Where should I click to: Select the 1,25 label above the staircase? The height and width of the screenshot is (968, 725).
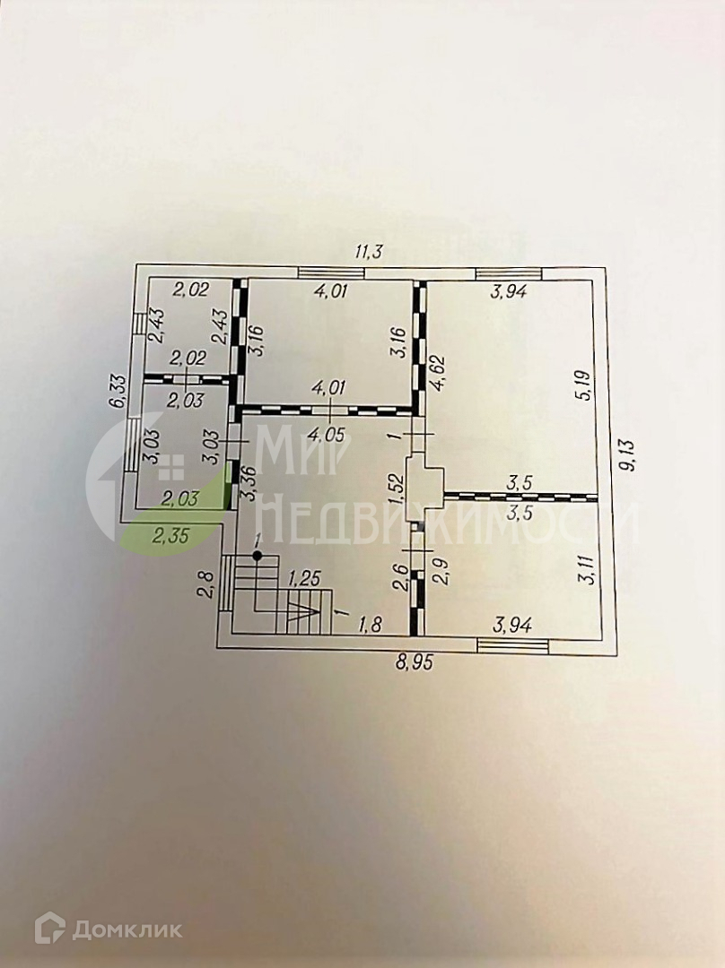coord(302,580)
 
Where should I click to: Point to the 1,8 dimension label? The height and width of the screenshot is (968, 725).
coord(370,625)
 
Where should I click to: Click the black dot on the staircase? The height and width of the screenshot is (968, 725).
coord(258,557)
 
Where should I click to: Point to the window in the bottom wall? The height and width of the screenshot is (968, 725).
coord(512,642)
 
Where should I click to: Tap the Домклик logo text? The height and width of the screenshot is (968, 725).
coord(125,929)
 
